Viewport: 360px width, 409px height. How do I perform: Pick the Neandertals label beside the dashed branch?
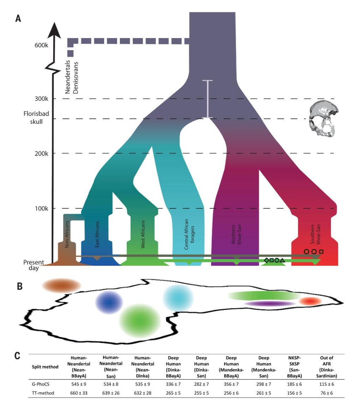68,78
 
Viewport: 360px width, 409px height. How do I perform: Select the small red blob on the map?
310,301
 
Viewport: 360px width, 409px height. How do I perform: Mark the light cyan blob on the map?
178,298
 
